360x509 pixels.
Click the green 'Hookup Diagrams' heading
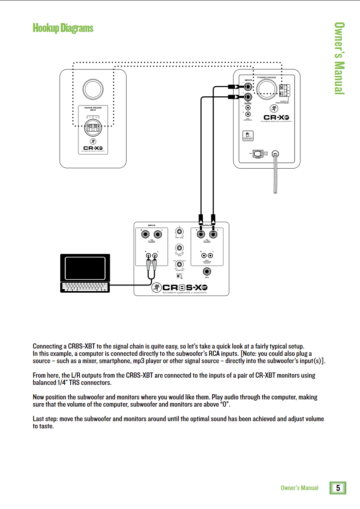tap(63, 28)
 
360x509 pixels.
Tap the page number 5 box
tap(338, 488)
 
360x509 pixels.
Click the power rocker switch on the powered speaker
tap(257, 153)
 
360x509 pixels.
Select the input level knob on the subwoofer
tap(179, 232)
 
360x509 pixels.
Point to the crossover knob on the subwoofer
tap(179, 265)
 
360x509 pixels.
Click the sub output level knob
tap(179, 248)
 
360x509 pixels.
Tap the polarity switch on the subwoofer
tap(180, 276)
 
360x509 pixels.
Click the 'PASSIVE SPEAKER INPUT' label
tap(93, 109)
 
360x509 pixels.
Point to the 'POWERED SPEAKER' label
tap(266, 77)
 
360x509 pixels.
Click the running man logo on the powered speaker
tap(273, 109)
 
